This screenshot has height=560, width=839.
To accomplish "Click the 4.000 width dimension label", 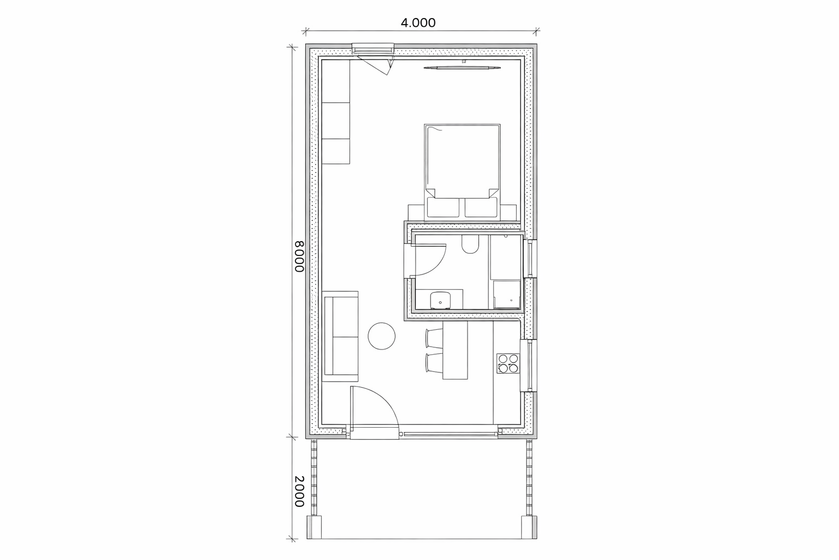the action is (x=418, y=23).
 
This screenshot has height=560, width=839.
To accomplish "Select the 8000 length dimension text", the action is (x=299, y=256).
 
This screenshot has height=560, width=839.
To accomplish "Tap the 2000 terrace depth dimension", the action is (x=299, y=491).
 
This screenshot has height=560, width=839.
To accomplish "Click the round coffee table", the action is (x=381, y=336).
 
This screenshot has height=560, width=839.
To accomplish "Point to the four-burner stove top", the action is (x=508, y=364).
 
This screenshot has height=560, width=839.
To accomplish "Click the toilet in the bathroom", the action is (x=470, y=244).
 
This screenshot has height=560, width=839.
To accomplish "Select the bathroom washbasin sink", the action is (x=440, y=300).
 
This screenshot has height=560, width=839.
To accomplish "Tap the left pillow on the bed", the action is (x=443, y=207).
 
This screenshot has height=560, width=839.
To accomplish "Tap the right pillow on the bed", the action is (x=481, y=207).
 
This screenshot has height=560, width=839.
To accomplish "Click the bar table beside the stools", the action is (x=455, y=350).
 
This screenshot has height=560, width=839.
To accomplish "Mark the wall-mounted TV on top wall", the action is (x=462, y=68).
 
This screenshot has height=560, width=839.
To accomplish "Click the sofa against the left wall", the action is (x=340, y=336).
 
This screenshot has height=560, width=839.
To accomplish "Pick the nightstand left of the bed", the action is (x=416, y=212).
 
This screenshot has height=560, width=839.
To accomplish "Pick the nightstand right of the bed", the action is (x=509, y=212).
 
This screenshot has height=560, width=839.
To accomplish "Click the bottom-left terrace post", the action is (x=314, y=527).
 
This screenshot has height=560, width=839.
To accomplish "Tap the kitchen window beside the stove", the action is (x=529, y=366).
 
